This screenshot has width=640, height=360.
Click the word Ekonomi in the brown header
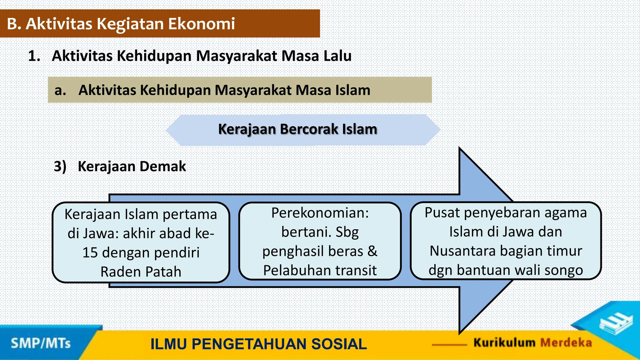click(x=202, y=24)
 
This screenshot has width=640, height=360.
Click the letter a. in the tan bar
click(x=60, y=90)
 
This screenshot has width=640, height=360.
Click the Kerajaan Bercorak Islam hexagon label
click(x=297, y=129)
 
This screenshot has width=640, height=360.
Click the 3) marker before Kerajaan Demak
click(x=60, y=166)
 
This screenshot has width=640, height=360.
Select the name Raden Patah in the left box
click(x=141, y=272)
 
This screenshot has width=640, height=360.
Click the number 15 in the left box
click(x=90, y=252)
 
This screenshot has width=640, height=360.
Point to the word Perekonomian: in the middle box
click(x=320, y=213)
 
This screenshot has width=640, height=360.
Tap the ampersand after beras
click(x=372, y=251)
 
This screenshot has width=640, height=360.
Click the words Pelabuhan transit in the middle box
click(x=320, y=270)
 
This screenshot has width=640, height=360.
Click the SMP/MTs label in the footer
click(x=41, y=343)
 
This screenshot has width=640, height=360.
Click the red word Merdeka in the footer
click(x=566, y=343)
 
